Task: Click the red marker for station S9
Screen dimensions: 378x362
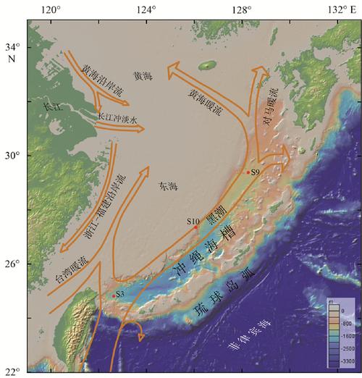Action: click(x=248, y=172)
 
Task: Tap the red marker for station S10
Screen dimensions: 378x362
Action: click(x=195, y=227)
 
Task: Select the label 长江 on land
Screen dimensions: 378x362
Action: click(x=51, y=106)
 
